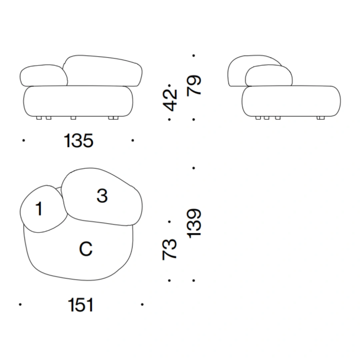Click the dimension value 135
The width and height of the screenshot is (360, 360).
coord(79,141)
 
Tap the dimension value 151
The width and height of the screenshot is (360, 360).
coord(81,305)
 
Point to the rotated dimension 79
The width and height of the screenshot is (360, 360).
coord(194,86)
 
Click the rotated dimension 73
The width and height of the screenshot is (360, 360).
coord(170,249)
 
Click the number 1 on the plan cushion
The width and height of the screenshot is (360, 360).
coord(39,209)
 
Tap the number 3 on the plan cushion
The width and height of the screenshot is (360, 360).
coord(102,196)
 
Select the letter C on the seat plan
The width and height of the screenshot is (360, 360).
coord(86,249)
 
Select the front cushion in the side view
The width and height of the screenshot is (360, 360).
coord(268,76)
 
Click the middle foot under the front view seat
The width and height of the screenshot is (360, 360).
coord(73,118)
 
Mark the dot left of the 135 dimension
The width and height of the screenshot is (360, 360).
coord(23,141)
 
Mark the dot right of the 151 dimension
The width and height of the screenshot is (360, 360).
coord(142,304)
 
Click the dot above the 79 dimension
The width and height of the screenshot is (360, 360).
coord(194,56)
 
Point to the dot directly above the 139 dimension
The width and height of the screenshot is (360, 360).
coord(194,168)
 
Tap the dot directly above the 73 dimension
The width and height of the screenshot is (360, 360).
coord(169,221)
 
